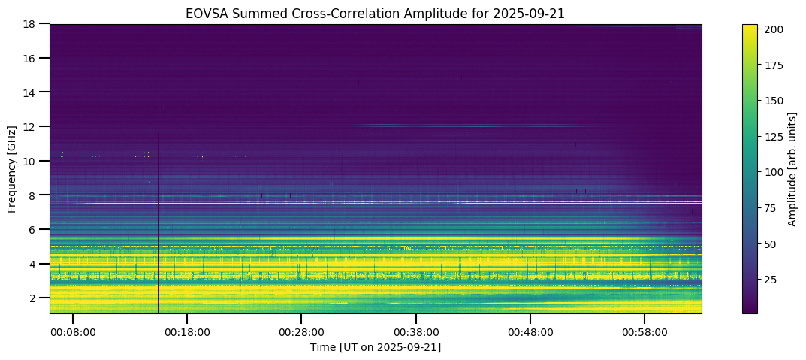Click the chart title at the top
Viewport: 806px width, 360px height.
[x=376, y=13]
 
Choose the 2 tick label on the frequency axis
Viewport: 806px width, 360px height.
[x=39, y=298]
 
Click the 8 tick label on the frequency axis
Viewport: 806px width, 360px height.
[x=39, y=195]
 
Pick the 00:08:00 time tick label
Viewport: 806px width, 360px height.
[x=72, y=331]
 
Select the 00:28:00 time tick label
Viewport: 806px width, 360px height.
[x=301, y=331]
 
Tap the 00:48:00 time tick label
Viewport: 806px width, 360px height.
[x=530, y=331]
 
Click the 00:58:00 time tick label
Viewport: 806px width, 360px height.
[x=644, y=331]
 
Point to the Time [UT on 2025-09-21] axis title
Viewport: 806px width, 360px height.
[x=376, y=347]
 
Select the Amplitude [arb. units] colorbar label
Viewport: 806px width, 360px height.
[x=792, y=168]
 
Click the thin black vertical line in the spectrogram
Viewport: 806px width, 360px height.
[x=158, y=225]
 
